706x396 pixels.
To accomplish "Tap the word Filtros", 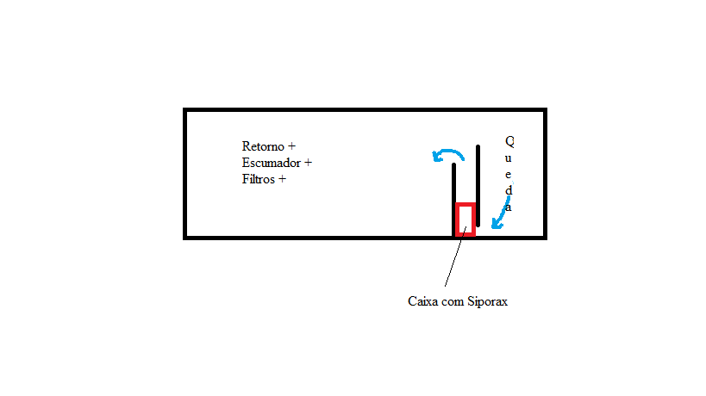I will [259, 180].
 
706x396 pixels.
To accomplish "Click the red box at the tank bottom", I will [465, 220].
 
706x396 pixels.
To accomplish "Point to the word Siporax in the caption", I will [488, 302].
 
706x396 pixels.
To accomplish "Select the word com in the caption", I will [453, 302].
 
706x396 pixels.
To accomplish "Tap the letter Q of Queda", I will [509, 140].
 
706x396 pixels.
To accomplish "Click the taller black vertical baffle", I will [478, 185].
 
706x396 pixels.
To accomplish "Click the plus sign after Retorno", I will [291, 146].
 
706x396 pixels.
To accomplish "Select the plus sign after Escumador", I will [308, 163].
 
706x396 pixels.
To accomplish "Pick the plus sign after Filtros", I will [281, 180].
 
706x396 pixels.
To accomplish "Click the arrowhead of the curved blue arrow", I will [438, 157].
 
